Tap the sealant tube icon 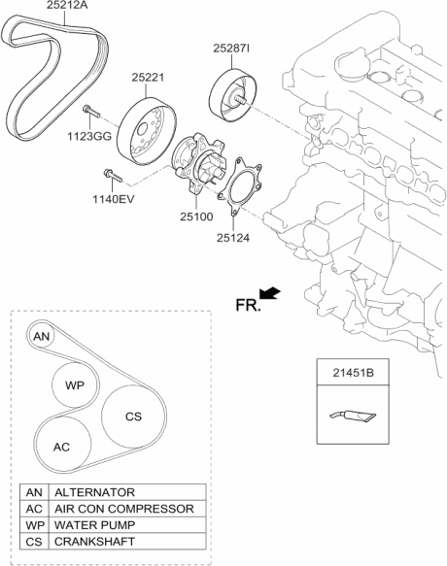click(351, 416)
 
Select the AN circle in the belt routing click(41, 336)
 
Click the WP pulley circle click(75, 385)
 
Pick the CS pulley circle click(133, 416)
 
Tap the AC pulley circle click(61, 447)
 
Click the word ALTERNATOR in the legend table click(93, 492)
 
